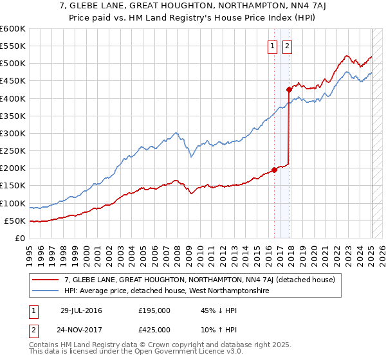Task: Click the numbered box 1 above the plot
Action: pos(272,46)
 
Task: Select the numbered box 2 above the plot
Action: pos(286,46)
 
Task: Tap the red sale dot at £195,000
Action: pos(274,170)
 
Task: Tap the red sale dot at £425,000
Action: pos(289,89)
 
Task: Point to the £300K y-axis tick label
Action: pos(13,133)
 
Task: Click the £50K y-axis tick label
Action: pos(15,221)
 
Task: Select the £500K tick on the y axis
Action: pos(13,64)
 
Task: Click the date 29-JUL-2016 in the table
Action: pos(81,310)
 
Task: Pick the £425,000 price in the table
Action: pos(154,330)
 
